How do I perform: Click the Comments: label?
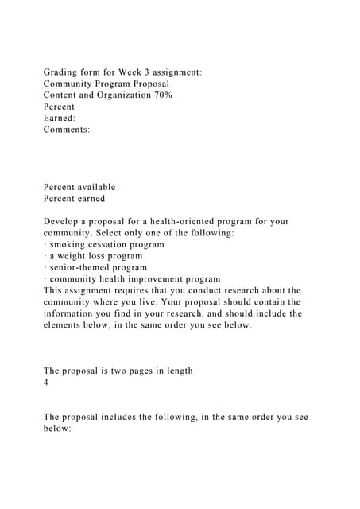click(67, 129)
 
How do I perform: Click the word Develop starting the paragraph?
click(63, 221)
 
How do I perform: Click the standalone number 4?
click(46, 383)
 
